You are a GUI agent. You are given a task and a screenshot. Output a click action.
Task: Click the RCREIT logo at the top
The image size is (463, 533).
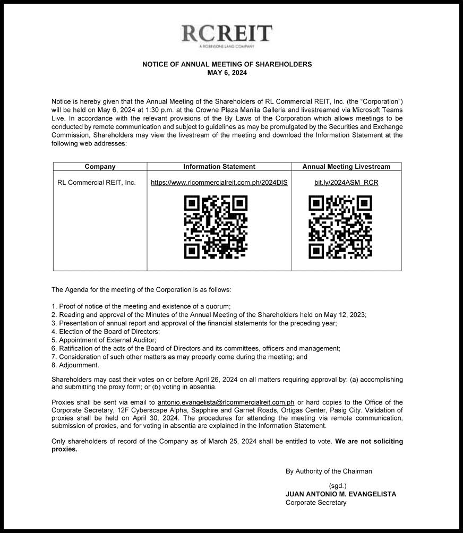point(227,35)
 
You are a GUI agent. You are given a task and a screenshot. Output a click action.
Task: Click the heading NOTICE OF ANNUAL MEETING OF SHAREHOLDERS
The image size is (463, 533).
point(227,64)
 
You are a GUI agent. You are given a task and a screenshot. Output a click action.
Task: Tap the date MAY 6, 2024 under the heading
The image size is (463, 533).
point(227,73)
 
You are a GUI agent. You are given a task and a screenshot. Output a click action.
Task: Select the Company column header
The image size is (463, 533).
point(100,167)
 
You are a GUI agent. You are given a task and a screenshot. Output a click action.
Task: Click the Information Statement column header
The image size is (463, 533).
point(219,167)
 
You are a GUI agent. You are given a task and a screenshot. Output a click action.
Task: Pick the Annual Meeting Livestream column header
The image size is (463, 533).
point(346,167)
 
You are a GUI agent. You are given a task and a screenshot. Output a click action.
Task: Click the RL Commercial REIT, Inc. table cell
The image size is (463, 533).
point(96,183)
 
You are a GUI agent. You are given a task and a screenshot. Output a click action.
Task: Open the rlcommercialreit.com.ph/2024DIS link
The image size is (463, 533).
point(219,183)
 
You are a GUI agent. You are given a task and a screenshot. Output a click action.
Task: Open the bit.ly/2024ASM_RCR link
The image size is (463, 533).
point(346,183)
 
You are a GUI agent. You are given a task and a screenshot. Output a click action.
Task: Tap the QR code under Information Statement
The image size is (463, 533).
point(216,227)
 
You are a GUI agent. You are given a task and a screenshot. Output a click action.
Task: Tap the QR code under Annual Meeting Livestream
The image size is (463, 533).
point(340,227)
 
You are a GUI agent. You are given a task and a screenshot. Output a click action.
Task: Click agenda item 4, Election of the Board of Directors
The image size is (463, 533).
point(106,331)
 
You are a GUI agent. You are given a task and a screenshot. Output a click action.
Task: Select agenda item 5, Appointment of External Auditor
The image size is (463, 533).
point(104,340)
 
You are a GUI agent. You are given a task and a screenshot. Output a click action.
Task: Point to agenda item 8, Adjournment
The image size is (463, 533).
point(75,365)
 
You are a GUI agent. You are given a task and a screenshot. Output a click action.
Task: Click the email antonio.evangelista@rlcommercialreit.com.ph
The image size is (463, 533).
point(226,402)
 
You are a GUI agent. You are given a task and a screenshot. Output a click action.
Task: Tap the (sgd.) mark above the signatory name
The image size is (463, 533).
point(338,486)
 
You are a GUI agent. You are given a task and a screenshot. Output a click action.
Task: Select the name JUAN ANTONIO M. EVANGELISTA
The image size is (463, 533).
point(341,494)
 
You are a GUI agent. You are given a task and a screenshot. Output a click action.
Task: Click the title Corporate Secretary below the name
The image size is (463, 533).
point(316,503)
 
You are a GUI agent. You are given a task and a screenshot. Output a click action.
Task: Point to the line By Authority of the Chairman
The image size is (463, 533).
point(329,471)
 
